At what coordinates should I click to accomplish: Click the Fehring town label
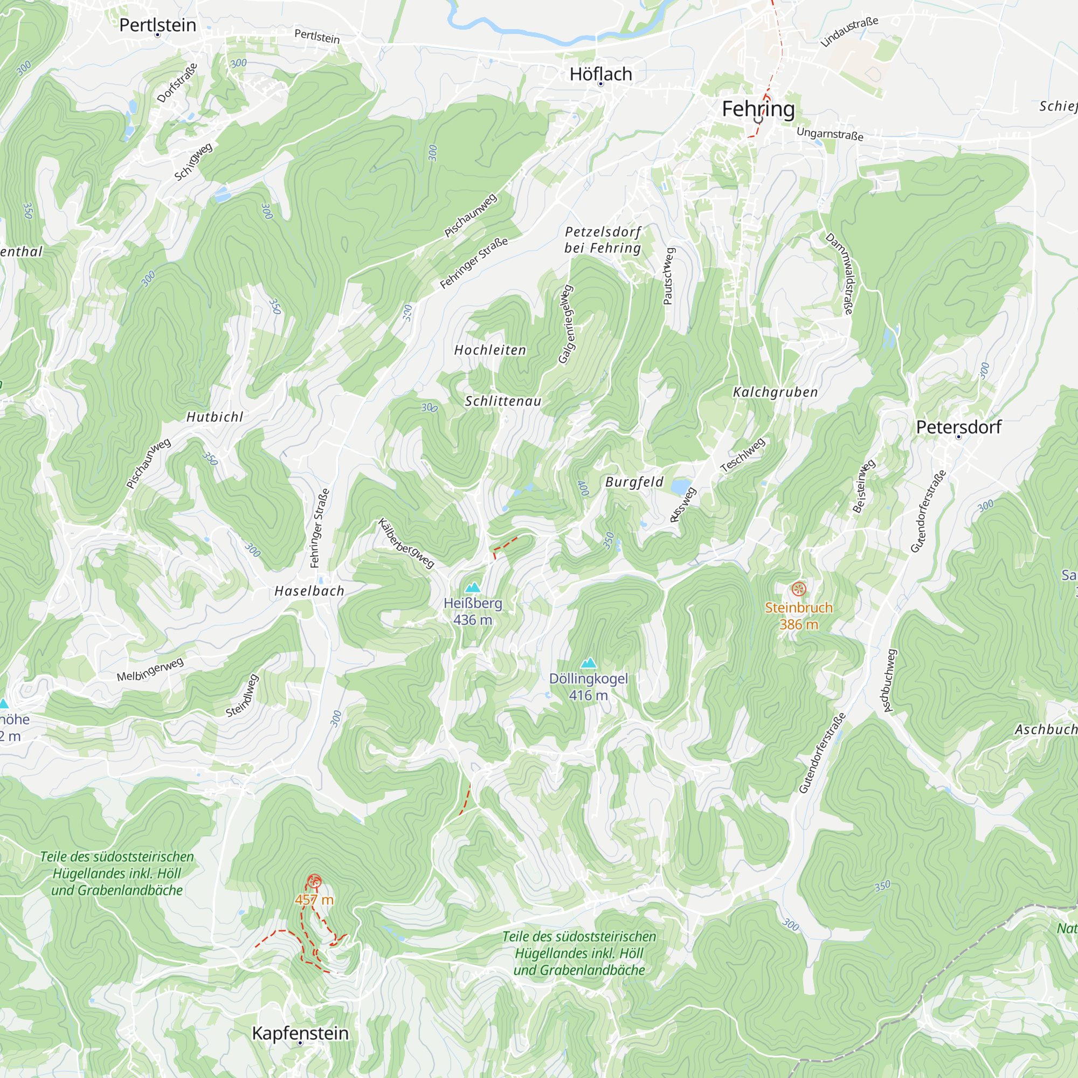pyautogui.click(x=758, y=109)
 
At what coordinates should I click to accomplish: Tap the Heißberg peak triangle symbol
pyautogui.click(x=473, y=588)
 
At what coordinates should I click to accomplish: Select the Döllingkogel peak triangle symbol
pyautogui.click(x=589, y=663)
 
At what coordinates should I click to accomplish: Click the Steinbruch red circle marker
pyautogui.click(x=799, y=589)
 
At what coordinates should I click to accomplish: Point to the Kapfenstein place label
pyautogui.click(x=300, y=1033)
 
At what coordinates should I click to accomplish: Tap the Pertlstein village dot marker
pyautogui.click(x=158, y=35)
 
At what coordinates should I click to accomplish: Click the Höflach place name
pyautogui.click(x=600, y=74)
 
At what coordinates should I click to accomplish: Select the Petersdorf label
pyautogui.click(x=958, y=427)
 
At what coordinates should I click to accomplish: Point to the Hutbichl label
pyautogui.click(x=215, y=417)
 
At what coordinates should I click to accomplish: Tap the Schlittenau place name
pyautogui.click(x=503, y=401)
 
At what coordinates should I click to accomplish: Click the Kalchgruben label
pyautogui.click(x=775, y=392)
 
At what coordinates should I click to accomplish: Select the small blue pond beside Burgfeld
pyautogui.click(x=680, y=487)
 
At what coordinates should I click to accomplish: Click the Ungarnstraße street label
pyautogui.click(x=830, y=134)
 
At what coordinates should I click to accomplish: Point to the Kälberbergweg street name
pyautogui.click(x=406, y=543)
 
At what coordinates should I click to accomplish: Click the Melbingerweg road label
pyautogui.click(x=150, y=669)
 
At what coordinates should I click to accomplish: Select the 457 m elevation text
pyautogui.click(x=314, y=900)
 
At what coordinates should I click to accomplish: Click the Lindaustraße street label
pyautogui.click(x=849, y=31)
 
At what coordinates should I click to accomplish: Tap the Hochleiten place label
pyautogui.click(x=490, y=350)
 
